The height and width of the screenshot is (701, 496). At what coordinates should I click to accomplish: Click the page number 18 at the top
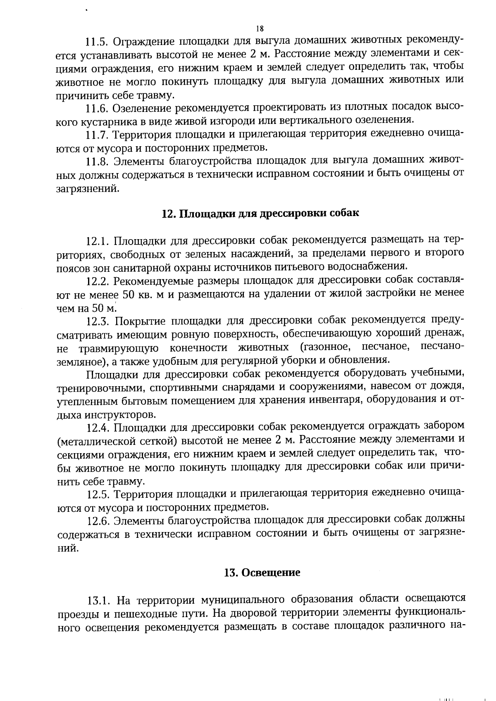click(260, 29)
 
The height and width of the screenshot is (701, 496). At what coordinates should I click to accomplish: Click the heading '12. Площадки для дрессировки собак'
click(260, 214)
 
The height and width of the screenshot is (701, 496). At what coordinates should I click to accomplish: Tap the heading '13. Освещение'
click(262, 573)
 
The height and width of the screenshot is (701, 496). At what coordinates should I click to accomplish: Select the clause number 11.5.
click(97, 42)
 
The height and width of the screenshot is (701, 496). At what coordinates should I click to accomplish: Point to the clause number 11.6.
click(97, 108)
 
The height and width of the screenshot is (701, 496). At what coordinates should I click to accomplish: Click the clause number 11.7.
click(97, 135)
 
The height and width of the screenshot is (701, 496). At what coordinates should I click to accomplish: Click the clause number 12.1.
click(98, 240)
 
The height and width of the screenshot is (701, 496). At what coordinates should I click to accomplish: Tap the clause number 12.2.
click(98, 280)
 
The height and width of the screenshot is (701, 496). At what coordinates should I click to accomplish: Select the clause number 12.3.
click(98, 321)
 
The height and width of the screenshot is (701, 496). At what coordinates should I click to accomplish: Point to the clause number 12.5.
click(98, 494)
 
